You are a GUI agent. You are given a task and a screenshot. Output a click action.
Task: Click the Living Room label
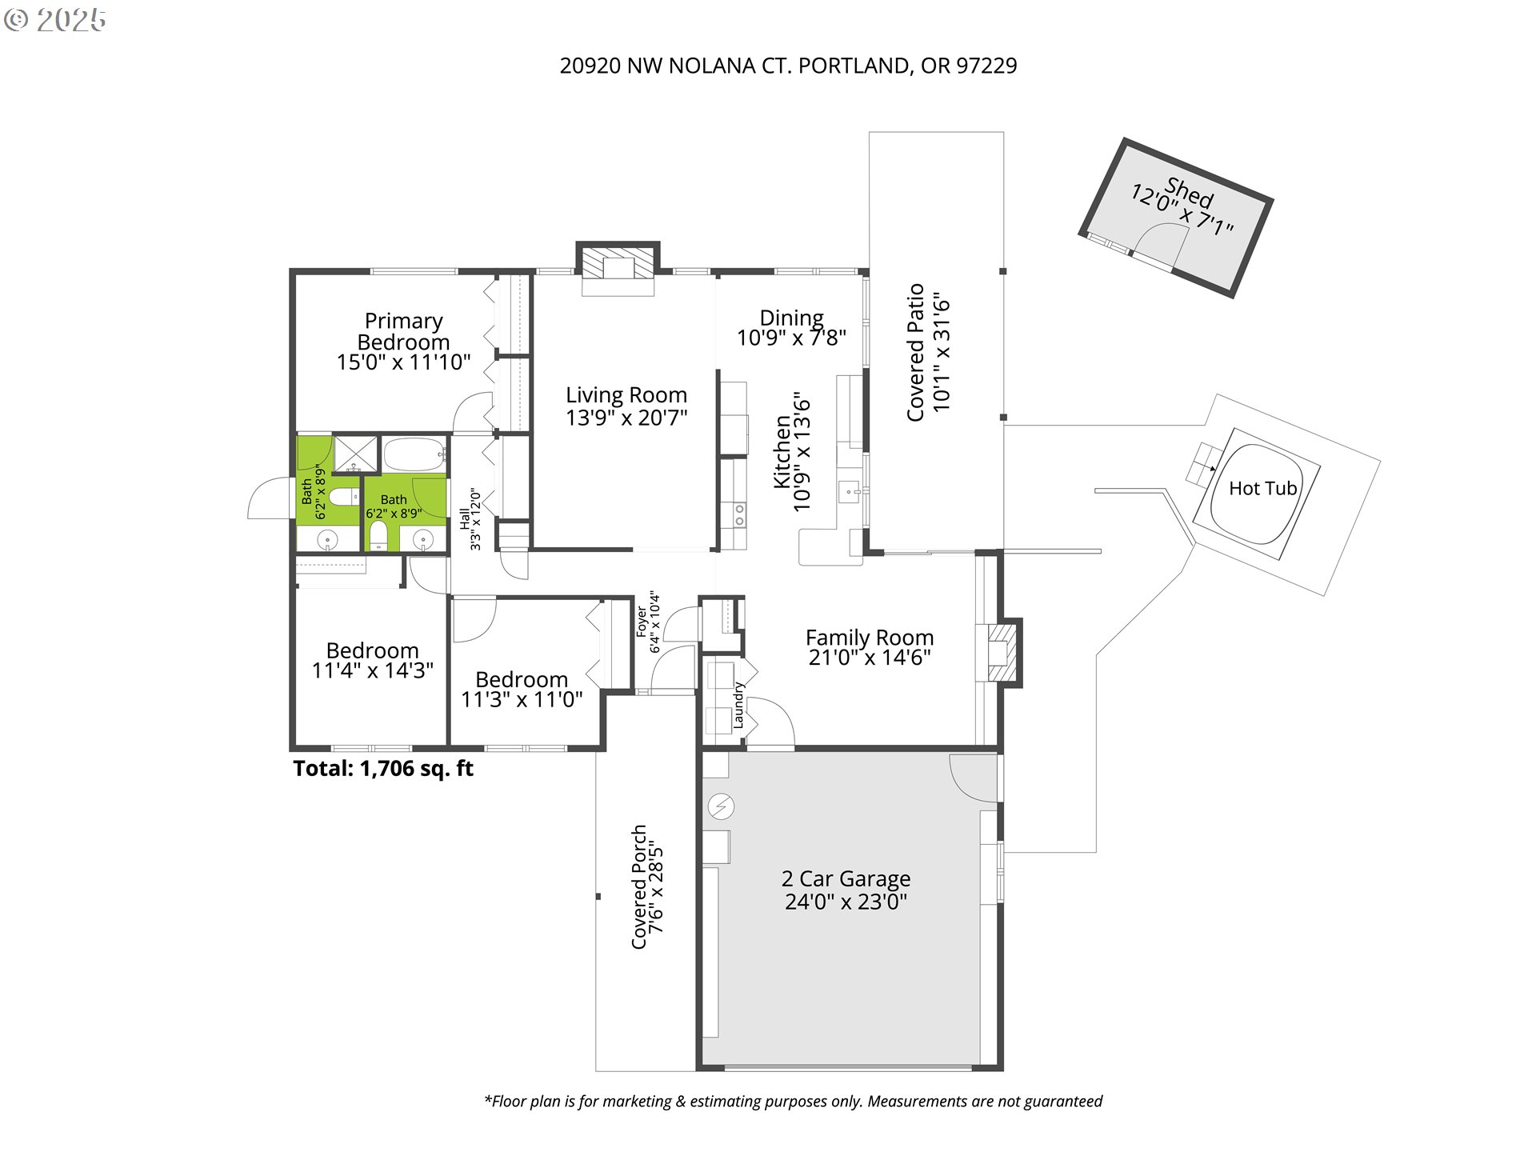(x=626, y=395)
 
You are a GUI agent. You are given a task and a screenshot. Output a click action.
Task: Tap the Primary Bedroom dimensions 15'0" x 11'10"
(x=403, y=362)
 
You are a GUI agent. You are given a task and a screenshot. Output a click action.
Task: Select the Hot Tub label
(x=1262, y=488)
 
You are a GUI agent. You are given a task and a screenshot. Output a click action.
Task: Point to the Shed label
(x=1190, y=192)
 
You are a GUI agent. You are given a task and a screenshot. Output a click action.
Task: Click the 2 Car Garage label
(x=846, y=878)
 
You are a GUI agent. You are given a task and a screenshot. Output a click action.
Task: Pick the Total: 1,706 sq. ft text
(x=383, y=769)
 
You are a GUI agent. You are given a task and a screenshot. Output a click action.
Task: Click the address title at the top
(x=788, y=66)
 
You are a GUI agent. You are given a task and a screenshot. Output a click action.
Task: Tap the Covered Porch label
(x=638, y=886)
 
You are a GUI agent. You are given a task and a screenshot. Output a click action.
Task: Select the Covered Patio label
(x=915, y=352)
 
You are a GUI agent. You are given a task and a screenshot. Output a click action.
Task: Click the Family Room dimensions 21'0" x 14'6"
(x=870, y=658)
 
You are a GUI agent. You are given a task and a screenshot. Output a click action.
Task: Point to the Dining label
(x=791, y=318)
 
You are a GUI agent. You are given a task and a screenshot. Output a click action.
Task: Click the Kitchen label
(x=782, y=452)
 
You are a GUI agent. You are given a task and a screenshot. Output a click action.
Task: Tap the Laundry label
(x=738, y=705)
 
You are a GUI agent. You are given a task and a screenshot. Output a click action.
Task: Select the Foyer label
(x=642, y=622)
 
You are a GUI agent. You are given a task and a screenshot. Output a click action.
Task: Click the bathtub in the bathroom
(x=414, y=454)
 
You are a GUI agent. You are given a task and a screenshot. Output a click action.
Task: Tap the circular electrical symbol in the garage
(x=721, y=806)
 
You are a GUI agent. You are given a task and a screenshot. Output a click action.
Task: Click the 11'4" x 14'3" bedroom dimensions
(x=372, y=670)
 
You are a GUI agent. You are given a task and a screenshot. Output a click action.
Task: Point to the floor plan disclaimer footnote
(x=793, y=1102)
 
